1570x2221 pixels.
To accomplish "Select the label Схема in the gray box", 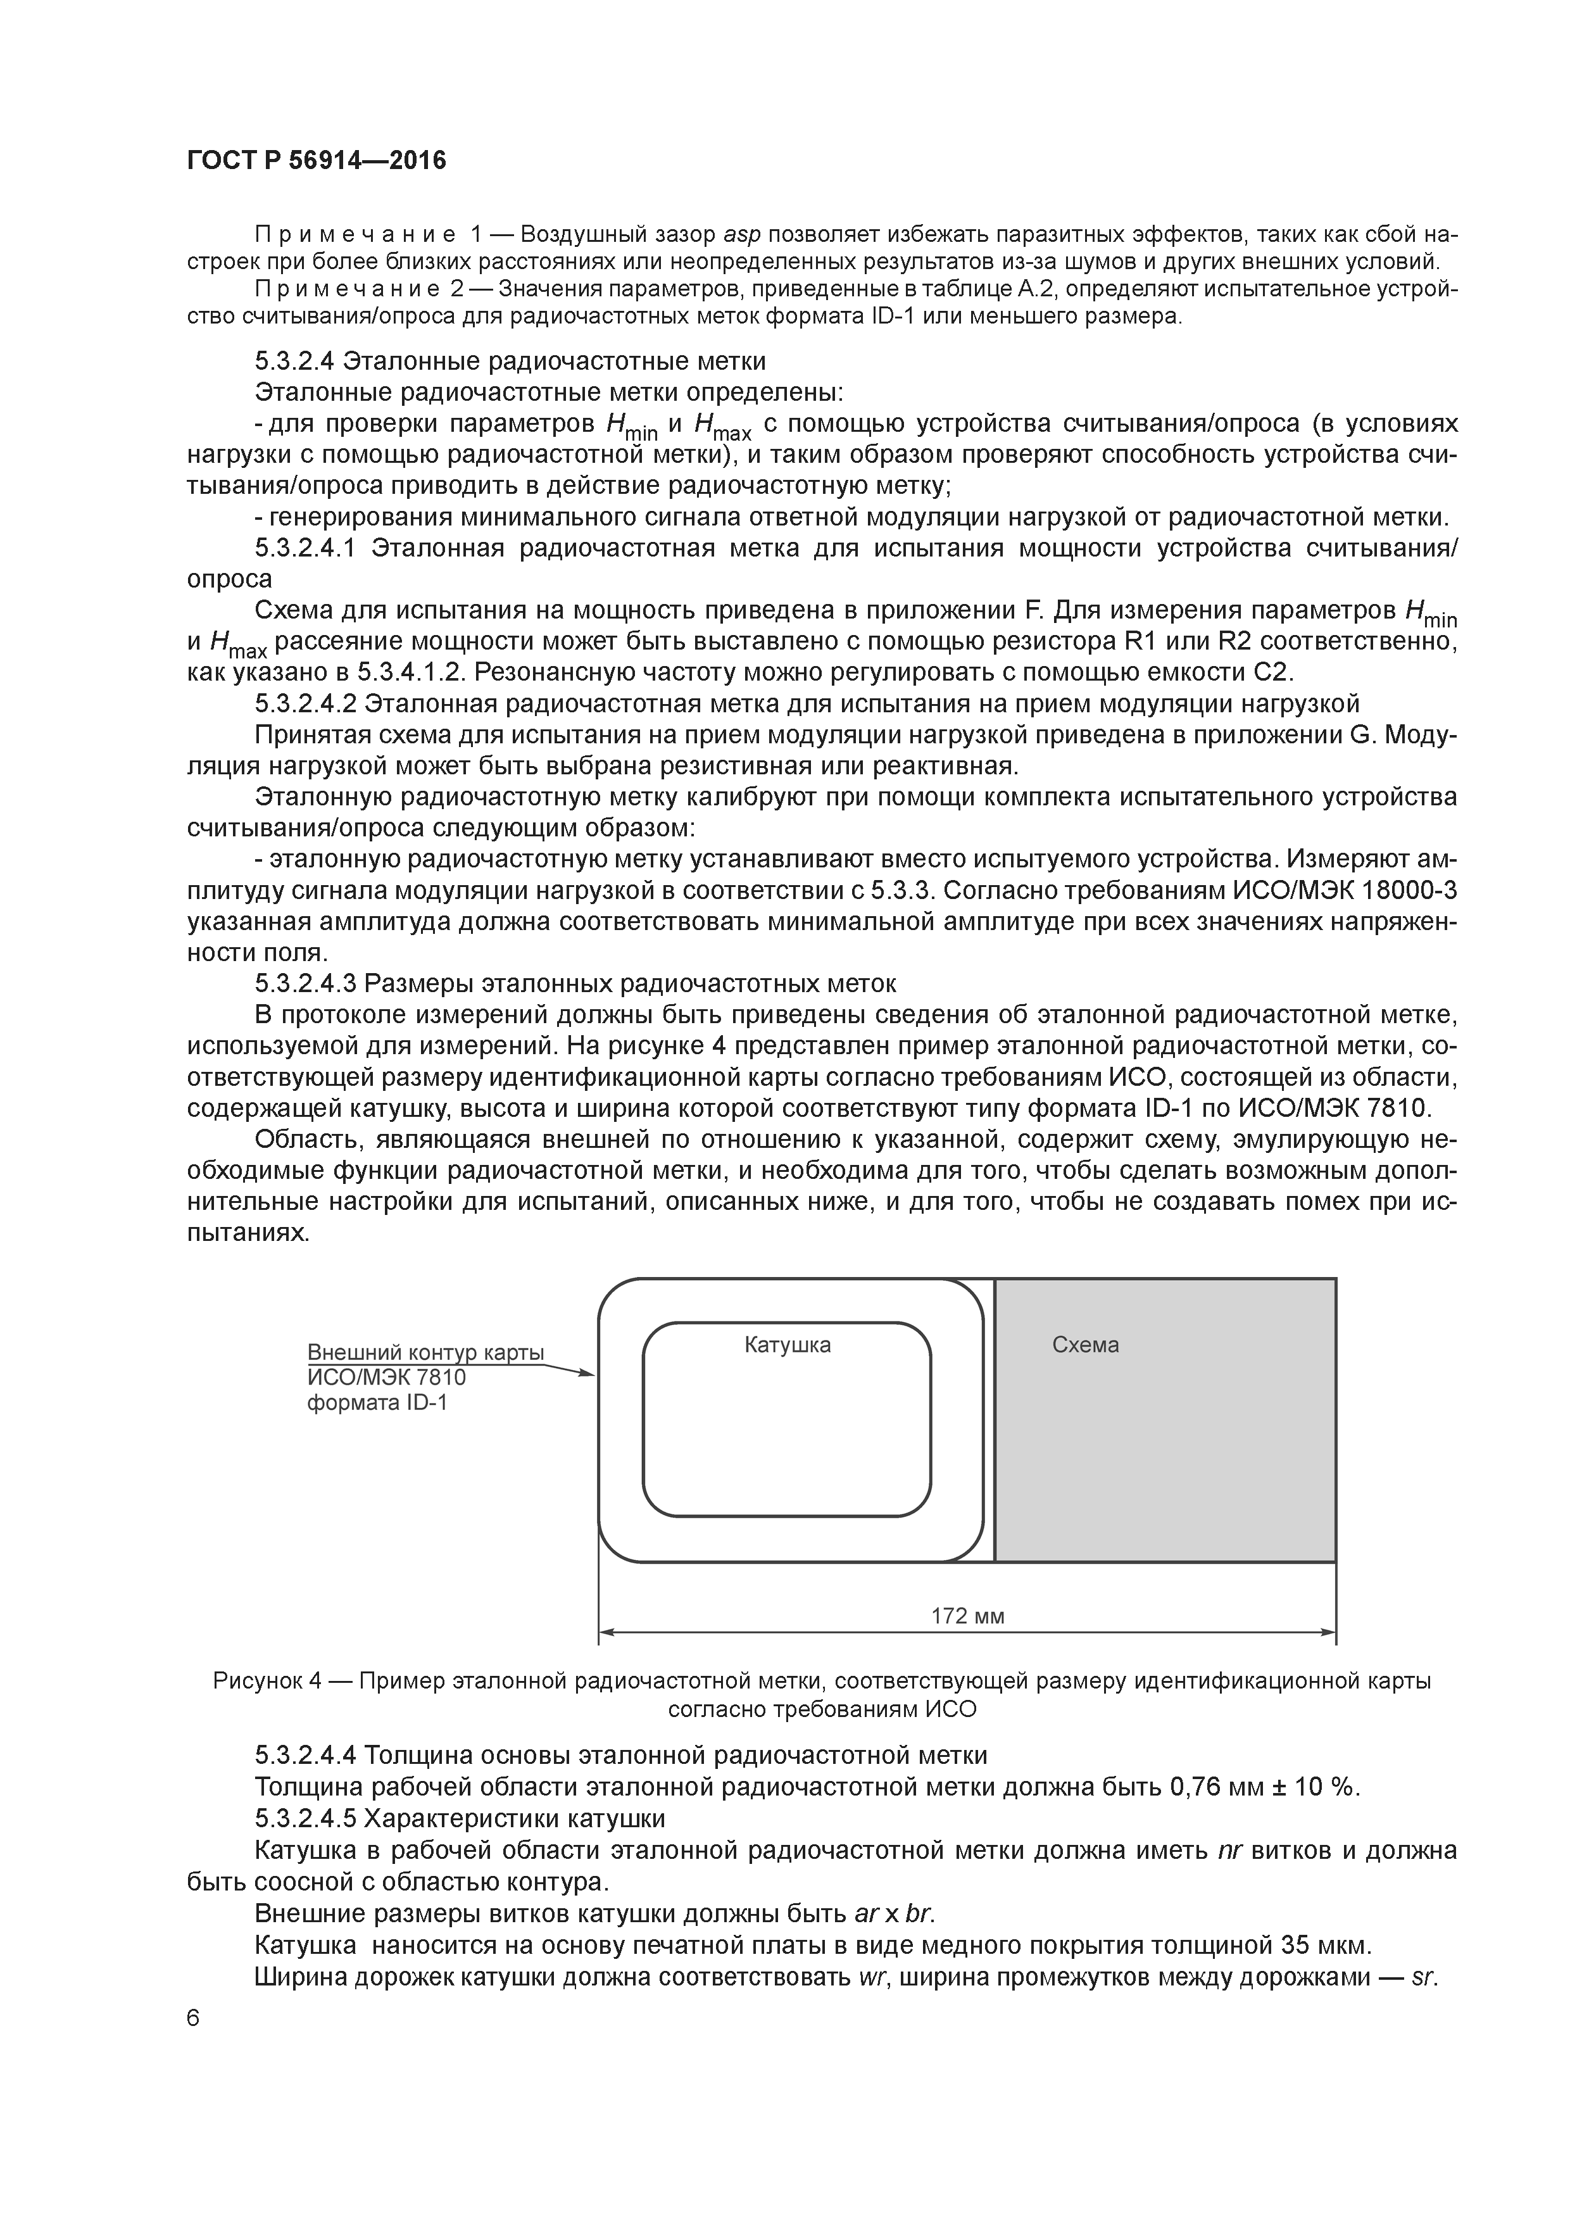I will (1084, 1345).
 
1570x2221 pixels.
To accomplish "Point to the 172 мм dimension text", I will (967, 1616).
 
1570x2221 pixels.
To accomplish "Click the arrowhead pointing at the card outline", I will (586, 1373).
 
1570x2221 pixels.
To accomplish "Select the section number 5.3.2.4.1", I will (306, 548).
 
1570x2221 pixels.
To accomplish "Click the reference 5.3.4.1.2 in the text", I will (409, 672).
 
